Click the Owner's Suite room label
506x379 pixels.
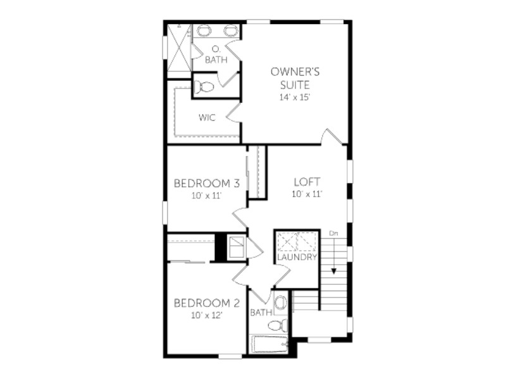pyautogui.click(x=295, y=78)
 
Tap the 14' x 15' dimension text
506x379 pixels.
pyautogui.click(x=295, y=97)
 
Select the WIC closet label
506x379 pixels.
pyautogui.click(x=207, y=117)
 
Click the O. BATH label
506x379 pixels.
pyautogui.click(x=216, y=55)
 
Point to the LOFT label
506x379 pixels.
pyautogui.click(x=307, y=182)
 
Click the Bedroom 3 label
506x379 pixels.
pyautogui.click(x=207, y=184)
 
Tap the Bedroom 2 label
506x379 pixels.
pyautogui.click(x=207, y=303)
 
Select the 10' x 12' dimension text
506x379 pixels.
pyautogui.click(x=207, y=315)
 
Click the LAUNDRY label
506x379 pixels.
pyautogui.click(x=297, y=257)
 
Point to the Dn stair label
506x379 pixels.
pyautogui.click(x=334, y=233)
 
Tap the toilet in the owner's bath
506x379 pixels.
pyautogui.click(x=204, y=87)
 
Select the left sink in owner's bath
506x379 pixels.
pyautogui.click(x=204, y=31)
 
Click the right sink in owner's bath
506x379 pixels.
pyautogui.click(x=230, y=31)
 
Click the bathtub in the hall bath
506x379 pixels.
pyautogui.click(x=270, y=344)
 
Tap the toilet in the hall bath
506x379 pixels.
pyautogui.click(x=278, y=325)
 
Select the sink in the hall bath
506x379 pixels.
pyautogui.click(x=281, y=303)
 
